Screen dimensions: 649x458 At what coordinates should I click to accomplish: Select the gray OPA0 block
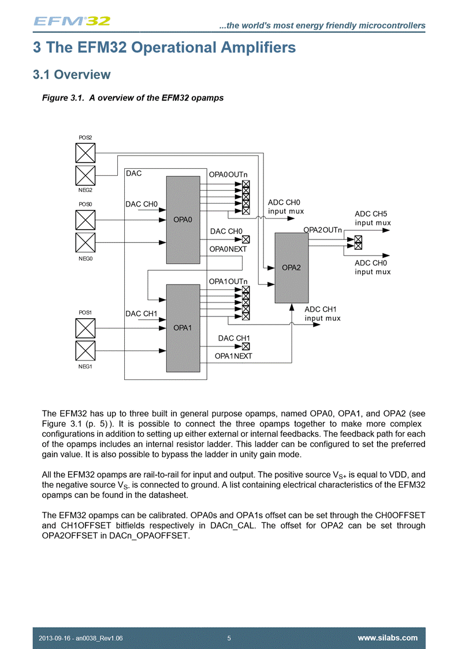[183, 219]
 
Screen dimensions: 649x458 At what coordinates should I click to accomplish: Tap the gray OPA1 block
[183, 327]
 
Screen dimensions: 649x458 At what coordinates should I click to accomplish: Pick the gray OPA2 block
[292, 267]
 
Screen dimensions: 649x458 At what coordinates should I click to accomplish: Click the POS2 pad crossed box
[85, 153]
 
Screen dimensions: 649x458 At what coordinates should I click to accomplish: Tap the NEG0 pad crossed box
[85, 242]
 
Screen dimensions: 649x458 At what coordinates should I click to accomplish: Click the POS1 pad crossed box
[85, 328]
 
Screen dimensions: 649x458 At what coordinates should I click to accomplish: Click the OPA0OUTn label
[228, 174]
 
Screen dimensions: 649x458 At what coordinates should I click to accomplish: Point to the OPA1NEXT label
[233, 356]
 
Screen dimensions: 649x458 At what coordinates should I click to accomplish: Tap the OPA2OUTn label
[323, 230]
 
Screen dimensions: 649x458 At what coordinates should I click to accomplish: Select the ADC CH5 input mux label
[373, 218]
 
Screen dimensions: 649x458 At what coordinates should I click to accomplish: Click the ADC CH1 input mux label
[322, 314]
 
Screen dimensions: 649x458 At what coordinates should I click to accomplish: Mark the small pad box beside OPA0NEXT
[246, 240]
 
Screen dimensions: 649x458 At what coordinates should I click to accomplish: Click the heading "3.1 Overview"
[71, 75]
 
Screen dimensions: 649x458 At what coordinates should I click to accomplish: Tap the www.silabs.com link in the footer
[388, 638]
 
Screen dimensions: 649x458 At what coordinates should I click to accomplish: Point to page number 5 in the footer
[229, 638]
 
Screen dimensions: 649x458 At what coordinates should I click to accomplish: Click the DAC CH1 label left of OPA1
[142, 314]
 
